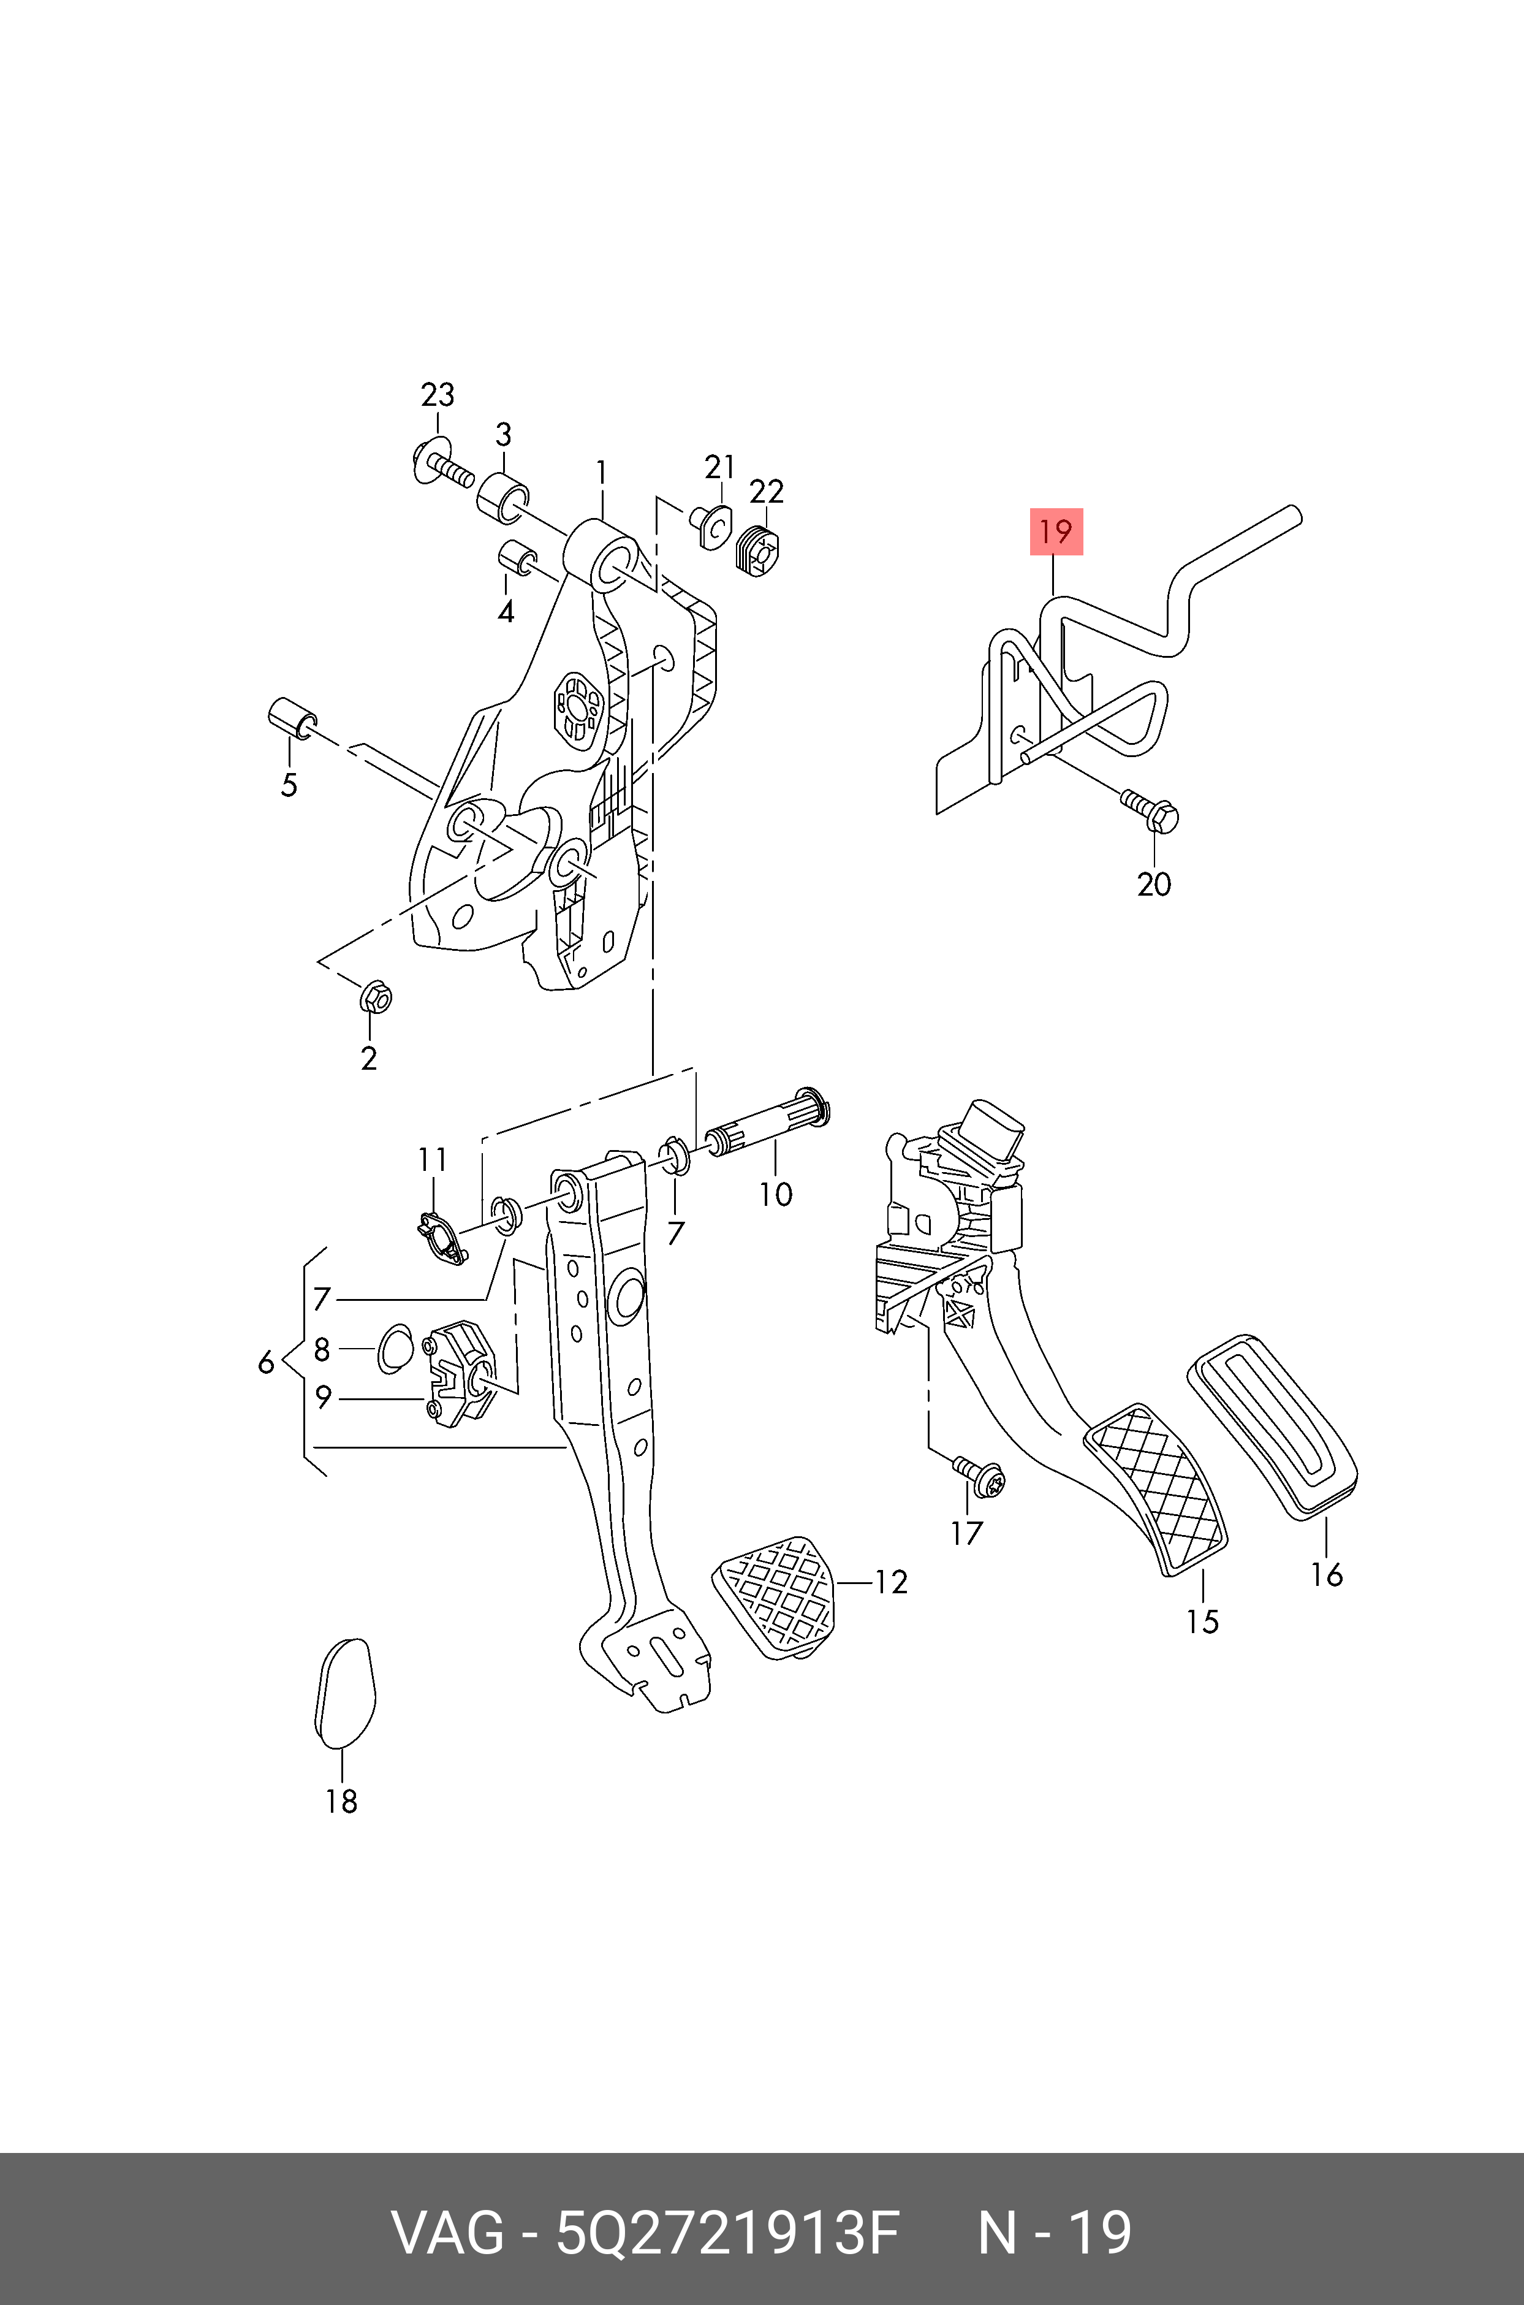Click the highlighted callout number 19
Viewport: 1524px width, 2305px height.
(x=1056, y=531)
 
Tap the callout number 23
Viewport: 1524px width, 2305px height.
(x=438, y=395)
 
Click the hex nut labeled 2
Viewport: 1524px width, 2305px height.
(x=374, y=996)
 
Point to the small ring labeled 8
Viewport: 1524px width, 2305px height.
(x=395, y=1349)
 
